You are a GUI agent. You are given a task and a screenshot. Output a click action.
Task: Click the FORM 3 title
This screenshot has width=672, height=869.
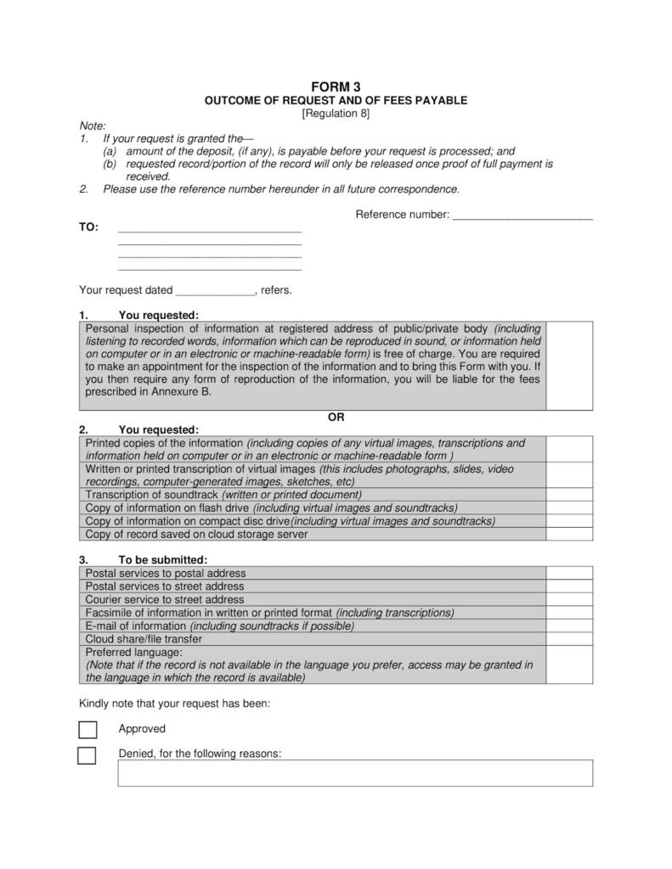click(x=336, y=87)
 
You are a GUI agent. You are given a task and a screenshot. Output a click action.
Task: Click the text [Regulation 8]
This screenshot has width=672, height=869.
click(x=336, y=113)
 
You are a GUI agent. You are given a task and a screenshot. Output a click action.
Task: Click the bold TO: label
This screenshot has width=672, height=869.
click(x=88, y=227)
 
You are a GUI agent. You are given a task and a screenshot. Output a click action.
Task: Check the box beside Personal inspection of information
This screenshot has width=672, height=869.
click(x=569, y=366)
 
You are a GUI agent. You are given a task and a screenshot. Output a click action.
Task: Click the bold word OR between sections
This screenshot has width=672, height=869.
click(x=336, y=417)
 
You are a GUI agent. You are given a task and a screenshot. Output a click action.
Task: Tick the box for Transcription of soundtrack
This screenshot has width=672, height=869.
click(x=569, y=494)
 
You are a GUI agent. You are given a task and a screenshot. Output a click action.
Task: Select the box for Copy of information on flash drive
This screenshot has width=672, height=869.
click(x=569, y=507)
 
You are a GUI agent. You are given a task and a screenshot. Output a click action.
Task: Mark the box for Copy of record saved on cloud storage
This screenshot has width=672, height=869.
click(x=569, y=535)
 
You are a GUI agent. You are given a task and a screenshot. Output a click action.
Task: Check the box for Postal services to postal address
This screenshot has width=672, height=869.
click(x=569, y=573)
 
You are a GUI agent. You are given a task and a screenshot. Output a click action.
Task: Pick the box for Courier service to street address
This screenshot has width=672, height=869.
click(x=569, y=599)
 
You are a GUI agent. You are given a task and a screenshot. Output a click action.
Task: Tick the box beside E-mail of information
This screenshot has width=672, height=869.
click(x=569, y=626)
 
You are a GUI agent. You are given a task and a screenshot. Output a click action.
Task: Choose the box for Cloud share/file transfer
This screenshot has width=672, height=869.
click(x=569, y=639)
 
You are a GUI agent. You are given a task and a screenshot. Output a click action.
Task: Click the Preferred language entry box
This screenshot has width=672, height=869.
click(x=569, y=665)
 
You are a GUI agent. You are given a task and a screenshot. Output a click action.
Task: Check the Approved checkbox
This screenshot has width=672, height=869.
click(x=87, y=730)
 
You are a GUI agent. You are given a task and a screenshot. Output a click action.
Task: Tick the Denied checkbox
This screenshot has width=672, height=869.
click(x=87, y=755)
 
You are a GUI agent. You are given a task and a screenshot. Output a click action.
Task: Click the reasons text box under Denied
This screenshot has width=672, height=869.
click(x=354, y=773)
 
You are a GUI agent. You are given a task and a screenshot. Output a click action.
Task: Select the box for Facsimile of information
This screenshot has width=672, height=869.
click(x=569, y=613)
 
